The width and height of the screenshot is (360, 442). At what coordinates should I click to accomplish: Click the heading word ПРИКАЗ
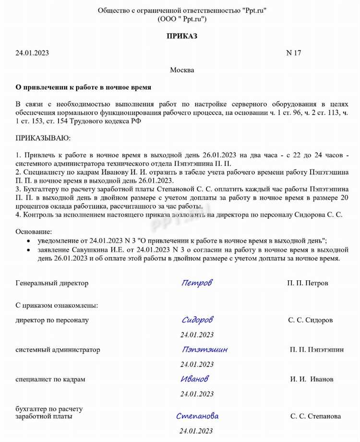coord(182,36)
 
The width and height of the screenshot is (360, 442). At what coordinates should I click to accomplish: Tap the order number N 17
coord(293,53)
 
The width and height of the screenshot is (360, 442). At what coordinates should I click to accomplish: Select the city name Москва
coord(182,70)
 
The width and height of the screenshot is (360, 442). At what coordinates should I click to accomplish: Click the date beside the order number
coord(32,53)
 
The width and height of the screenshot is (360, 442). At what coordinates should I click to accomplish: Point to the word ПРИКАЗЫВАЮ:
coord(43,138)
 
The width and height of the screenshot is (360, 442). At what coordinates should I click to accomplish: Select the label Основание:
coord(35,231)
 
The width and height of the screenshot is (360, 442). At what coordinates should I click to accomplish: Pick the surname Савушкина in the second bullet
coord(88,250)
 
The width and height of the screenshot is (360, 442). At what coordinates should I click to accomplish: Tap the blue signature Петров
coord(197,283)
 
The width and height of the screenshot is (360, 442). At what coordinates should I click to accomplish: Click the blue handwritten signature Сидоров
coord(197,320)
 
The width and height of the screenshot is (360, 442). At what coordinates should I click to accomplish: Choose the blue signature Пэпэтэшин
coord(205,349)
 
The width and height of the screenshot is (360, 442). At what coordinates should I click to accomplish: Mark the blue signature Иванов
coord(195,379)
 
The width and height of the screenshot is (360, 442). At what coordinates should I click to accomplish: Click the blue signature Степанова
coord(197,416)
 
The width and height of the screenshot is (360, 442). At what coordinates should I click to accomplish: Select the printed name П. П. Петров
coord(308,283)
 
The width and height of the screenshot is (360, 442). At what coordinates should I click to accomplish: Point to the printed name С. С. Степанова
coord(315,416)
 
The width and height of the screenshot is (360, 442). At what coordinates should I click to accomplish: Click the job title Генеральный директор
coord(52,283)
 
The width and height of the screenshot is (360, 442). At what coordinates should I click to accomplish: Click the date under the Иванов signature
coord(197,394)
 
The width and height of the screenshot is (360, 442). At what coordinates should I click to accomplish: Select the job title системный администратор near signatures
coord(58,350)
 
